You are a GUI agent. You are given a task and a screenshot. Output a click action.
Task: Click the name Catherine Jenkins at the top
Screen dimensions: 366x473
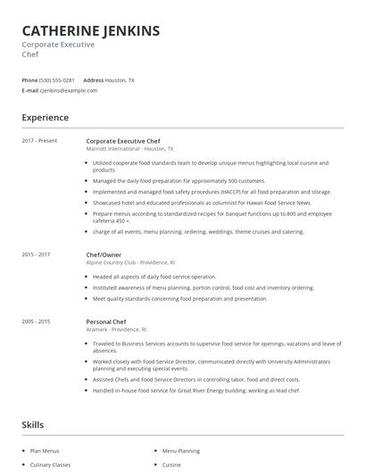pos(91,31)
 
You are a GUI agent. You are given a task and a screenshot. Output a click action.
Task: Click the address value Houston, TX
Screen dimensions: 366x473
pos(121,80)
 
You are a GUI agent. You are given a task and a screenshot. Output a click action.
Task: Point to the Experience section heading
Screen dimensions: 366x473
pos(45,117)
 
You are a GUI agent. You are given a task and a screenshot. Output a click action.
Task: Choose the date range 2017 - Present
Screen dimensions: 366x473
pos(39,141)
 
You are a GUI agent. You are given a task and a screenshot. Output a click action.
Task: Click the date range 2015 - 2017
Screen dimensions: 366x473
pos(37,254)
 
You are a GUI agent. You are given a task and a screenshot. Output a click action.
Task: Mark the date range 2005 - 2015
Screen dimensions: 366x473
pos(37,319)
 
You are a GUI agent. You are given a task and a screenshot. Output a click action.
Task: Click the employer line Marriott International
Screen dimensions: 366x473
pos(112,149)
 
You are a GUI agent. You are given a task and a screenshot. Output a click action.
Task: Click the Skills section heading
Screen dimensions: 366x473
pos(34,425)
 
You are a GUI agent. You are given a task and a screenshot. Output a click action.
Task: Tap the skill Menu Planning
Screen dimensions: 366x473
pos(180,452)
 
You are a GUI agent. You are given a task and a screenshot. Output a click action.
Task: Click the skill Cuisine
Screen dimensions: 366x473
pos(171,465)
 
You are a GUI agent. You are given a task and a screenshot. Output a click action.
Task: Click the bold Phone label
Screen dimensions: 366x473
pos(29,80)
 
